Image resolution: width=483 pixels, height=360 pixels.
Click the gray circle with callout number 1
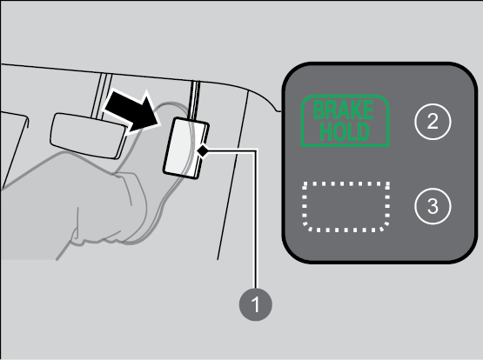click(x=255, y=304)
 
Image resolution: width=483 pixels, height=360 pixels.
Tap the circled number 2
click(x=433, y=122)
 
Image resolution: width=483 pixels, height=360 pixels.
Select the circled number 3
click(x=433, y=206)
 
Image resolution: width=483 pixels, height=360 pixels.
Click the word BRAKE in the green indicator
click(x=344, y=110)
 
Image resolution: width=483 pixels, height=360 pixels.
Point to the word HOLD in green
click(x=345, y=131)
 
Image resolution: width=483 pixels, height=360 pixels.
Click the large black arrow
click(x=132, y=111)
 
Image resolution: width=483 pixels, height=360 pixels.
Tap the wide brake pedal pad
click(x=89, y=136)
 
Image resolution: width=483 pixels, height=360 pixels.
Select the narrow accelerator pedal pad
click(x=186, y=148)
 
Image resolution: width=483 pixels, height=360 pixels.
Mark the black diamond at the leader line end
click(x=203, y=151)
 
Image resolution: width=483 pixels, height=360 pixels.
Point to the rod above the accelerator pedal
click(x=195, y=100)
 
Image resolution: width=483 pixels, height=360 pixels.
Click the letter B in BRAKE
click(x=319, y=110)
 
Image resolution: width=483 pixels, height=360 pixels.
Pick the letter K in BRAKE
click(x=356, y=110)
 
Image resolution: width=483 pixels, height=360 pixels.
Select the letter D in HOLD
click(x=363, y=131)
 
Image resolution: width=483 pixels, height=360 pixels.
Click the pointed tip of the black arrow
click(x=161, y=125)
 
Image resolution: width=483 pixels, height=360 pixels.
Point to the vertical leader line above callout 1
click(x=255, y=219)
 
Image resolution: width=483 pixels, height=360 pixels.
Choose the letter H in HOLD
click(x=326, y=131)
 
